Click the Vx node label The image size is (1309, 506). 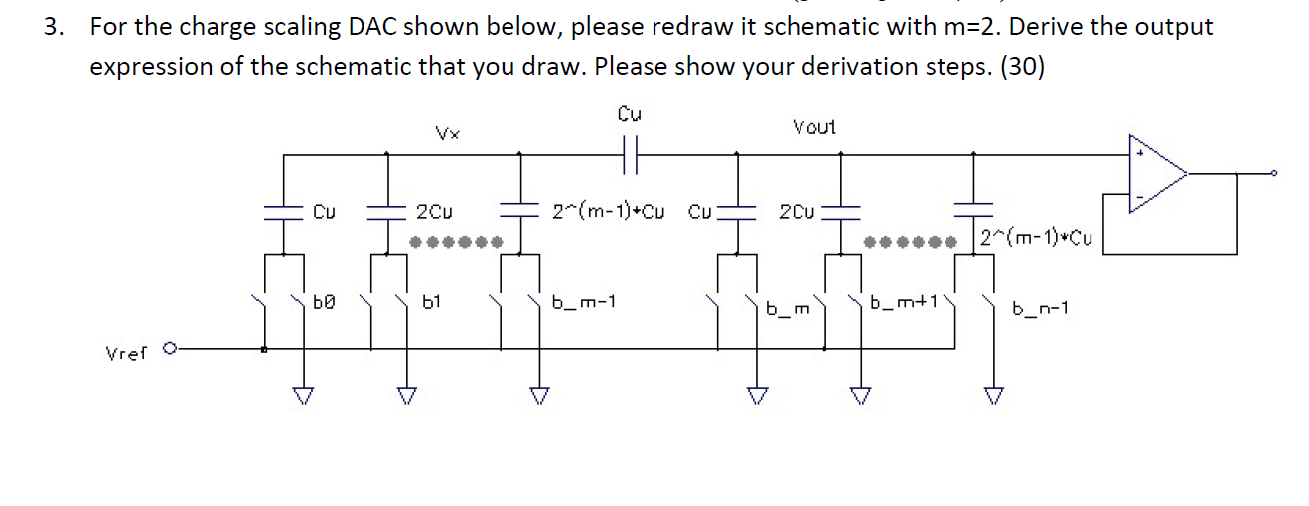pos(445,132)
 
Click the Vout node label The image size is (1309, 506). pos(813,127)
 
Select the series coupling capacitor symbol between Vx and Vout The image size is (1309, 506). pos(629,155)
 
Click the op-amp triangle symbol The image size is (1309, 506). pos(1158,175)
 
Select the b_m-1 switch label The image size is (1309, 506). pos(584,301)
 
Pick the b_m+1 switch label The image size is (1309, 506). pos(904,302)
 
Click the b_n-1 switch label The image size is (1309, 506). pos(1040,309)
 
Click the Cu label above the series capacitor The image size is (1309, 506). pos(630,114)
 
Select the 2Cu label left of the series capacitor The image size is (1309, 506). pos(435,212)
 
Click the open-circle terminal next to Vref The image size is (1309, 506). pos(170,349)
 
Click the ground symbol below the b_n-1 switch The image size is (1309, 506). pos(990,397)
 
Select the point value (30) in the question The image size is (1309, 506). pos(1022,67)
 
